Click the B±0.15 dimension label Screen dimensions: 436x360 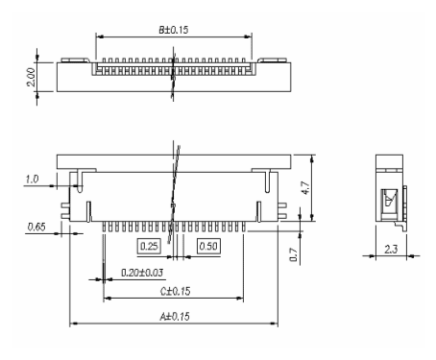[174, 30]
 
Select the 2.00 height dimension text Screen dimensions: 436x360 [31, 77]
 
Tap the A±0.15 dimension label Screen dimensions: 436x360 [175, 317]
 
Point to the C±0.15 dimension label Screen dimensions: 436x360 [175, 291]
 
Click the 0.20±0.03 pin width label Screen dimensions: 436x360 [142, 273]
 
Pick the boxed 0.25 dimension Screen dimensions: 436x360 [149, 246]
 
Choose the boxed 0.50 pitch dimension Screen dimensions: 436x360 [208, 246]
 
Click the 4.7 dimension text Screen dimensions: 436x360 [305, 188]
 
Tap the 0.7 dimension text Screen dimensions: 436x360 [294, 254]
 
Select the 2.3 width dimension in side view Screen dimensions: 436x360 [391, 249]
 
